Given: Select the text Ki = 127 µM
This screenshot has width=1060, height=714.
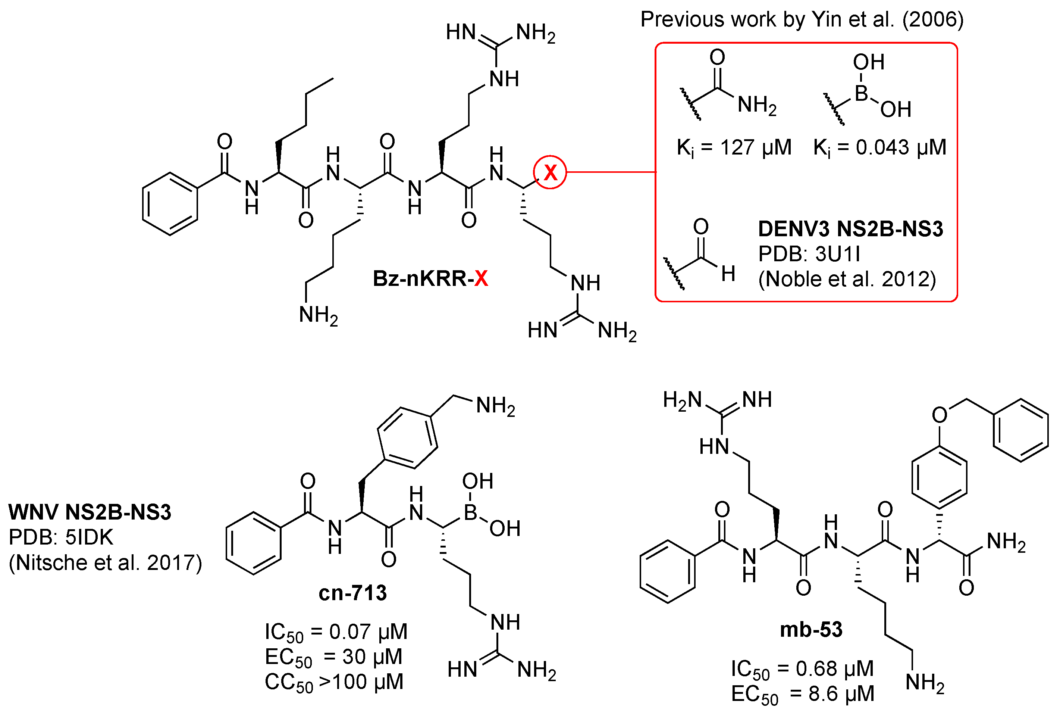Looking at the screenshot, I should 734,147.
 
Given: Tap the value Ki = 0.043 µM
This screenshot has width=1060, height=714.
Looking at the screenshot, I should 879,147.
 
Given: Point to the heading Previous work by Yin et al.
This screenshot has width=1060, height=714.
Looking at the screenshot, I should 802,19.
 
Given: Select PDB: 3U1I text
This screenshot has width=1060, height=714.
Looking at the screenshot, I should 809,254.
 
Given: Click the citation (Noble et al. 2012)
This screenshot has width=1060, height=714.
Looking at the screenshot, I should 847,279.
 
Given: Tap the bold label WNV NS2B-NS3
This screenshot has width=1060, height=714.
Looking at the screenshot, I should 90,512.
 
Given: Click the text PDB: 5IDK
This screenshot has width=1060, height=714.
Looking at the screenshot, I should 60,537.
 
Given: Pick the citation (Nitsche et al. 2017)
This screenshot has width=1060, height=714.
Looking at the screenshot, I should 105,562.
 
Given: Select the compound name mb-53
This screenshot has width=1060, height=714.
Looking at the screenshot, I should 811,630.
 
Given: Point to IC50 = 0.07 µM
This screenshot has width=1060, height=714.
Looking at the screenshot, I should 336,632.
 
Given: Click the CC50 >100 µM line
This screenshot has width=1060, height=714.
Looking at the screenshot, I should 334,682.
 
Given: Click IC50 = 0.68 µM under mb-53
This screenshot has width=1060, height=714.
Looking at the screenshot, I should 802,669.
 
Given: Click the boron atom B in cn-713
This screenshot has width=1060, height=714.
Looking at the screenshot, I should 470,513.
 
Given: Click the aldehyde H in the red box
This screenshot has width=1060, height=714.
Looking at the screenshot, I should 728,274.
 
